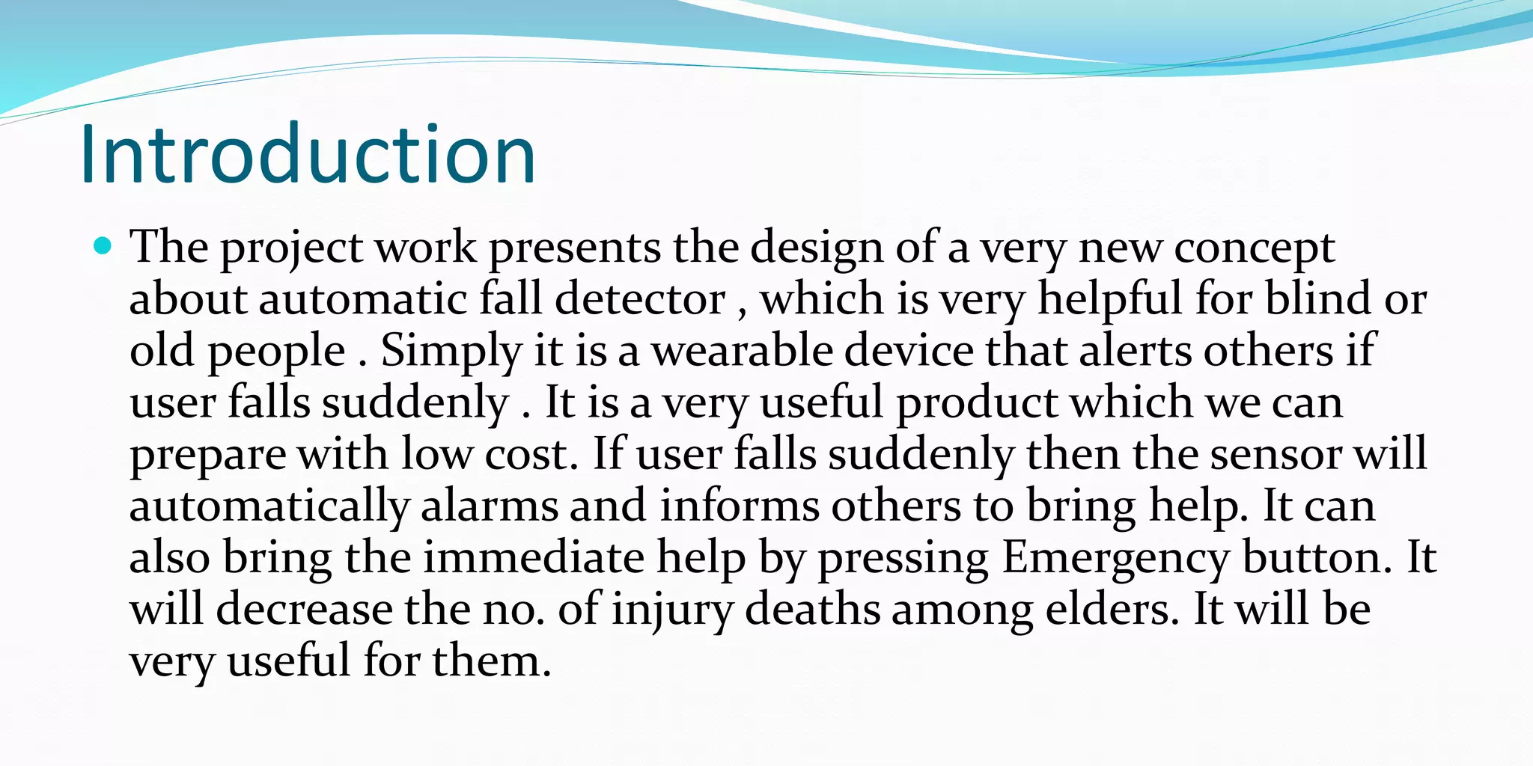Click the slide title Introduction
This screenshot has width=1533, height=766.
tap(308, 154)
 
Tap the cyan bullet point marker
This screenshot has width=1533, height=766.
tap(103, 245)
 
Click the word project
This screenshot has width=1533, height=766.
tap(291, 248)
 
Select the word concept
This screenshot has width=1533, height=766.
tap(1254, 248)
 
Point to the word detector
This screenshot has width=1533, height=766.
tap(640, 299)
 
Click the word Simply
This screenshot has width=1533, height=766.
tap(451, 351)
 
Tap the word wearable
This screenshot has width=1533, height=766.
tap(742, 351)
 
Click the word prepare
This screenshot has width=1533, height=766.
tap(207, 456)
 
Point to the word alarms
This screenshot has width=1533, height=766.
tap(489, 506)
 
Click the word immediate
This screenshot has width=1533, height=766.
tap(533, 558)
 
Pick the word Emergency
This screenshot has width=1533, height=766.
tap(1115, 559)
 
